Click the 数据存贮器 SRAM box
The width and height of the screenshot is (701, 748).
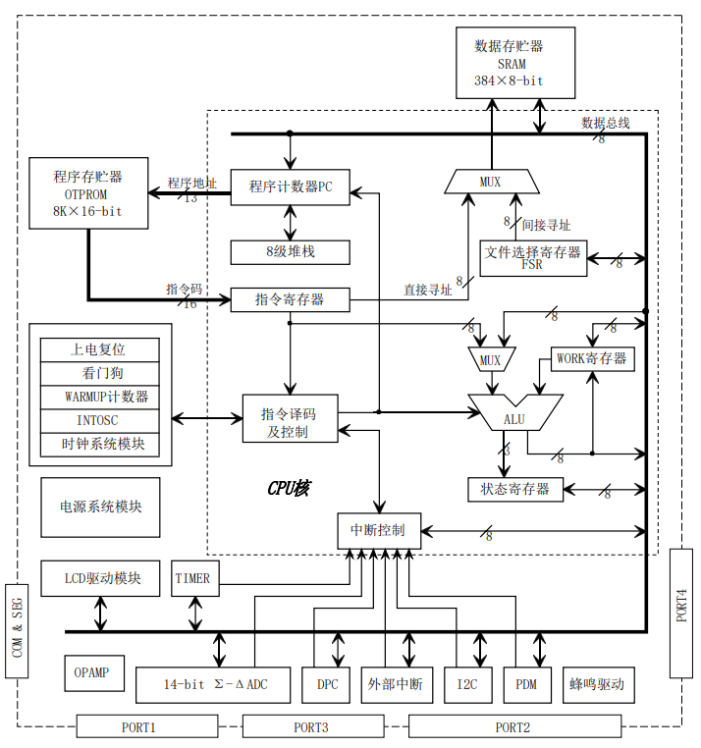click(515, 63)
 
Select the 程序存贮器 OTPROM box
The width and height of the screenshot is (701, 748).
click(88, 193)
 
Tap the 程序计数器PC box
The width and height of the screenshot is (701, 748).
click(290, 187)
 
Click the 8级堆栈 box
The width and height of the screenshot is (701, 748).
click(290, 251)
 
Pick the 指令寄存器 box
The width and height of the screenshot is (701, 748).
click(290, 299)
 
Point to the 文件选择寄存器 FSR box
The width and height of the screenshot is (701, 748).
click(532, 258)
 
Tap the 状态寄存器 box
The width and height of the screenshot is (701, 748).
click(515, 489)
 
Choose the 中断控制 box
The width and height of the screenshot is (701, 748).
click(378, 530)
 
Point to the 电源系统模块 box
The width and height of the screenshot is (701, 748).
click(100, 507)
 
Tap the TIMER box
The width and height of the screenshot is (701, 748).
click(192, 578)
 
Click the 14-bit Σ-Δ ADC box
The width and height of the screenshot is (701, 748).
click(214, 684)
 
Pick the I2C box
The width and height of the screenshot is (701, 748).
click(467, 684)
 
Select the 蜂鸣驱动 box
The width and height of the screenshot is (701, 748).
click(597, 684)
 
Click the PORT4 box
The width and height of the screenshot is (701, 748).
click(681, 613)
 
